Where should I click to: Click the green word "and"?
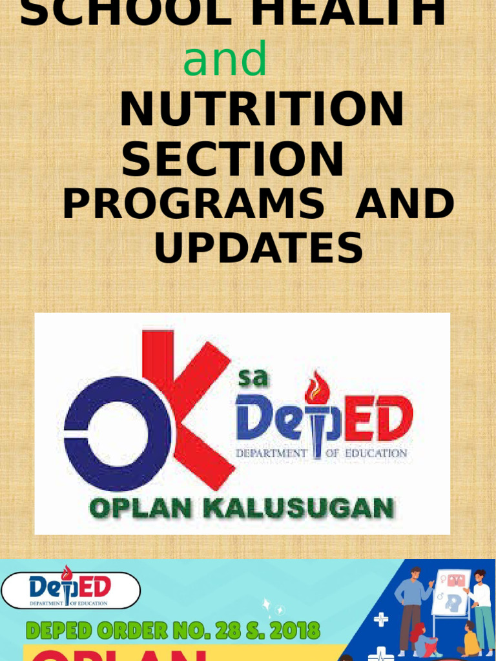(225, 59)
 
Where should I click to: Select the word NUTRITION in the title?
(262, 110)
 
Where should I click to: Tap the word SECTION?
(232, 159)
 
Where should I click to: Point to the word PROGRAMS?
(193, 205)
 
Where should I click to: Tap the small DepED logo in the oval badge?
(70, 590)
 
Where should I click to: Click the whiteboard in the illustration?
(451, 593)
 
